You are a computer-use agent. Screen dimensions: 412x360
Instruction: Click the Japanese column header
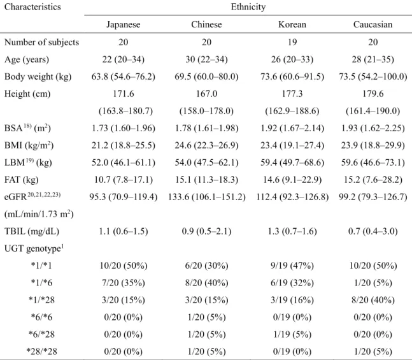pyautogui.click(x=124, y=24)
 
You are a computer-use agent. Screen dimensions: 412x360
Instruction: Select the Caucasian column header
pyautogui.click(x=373, y=24)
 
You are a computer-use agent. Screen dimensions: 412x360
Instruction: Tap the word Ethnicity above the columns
pyautogui.click(x=248, y=7)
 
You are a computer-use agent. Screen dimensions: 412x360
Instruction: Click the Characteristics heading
pyautogui.click(x=32, y=7)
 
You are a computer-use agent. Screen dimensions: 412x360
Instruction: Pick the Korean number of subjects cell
pyautogui.click(x=292, y=42)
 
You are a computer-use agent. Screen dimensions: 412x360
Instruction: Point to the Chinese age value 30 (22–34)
pyautogui.click(x=206, y=59)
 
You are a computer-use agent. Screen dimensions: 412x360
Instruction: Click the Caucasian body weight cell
pyautogui.click(x=373, y=76)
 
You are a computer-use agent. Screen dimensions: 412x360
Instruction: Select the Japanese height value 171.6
pyautogui.click(x=124, y=94)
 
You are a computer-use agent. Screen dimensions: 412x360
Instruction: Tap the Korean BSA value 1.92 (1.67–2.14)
pyautogui.click(x=292, y=128)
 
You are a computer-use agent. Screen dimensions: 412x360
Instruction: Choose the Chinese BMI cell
pyautogui.click(x=206, y=145)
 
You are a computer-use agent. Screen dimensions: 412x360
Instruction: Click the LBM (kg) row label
pyautogui.click(x=28, y=162)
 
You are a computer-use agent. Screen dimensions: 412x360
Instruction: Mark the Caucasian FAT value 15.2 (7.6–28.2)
pyautogui.click(x=373, y=180)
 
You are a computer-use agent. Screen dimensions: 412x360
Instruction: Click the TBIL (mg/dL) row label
pyautogui.click(x=32, y=231)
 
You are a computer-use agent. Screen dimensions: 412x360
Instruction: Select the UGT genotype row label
pyautogui.click(x=34, y=248)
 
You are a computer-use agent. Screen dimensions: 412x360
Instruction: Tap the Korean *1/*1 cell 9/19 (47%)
pyautogui.click(x=292, y=266)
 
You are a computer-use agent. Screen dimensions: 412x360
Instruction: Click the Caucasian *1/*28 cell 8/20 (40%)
pyautogui.click(x=373, y=300)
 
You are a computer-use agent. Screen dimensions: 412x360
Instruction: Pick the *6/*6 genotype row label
pyautogui.click(x=41, y=317)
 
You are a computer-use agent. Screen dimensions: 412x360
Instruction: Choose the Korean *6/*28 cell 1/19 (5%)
pyautogui.click(x=292, y=335)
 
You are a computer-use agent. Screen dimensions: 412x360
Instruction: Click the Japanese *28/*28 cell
pyautogui.click(x=124, y=352)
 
